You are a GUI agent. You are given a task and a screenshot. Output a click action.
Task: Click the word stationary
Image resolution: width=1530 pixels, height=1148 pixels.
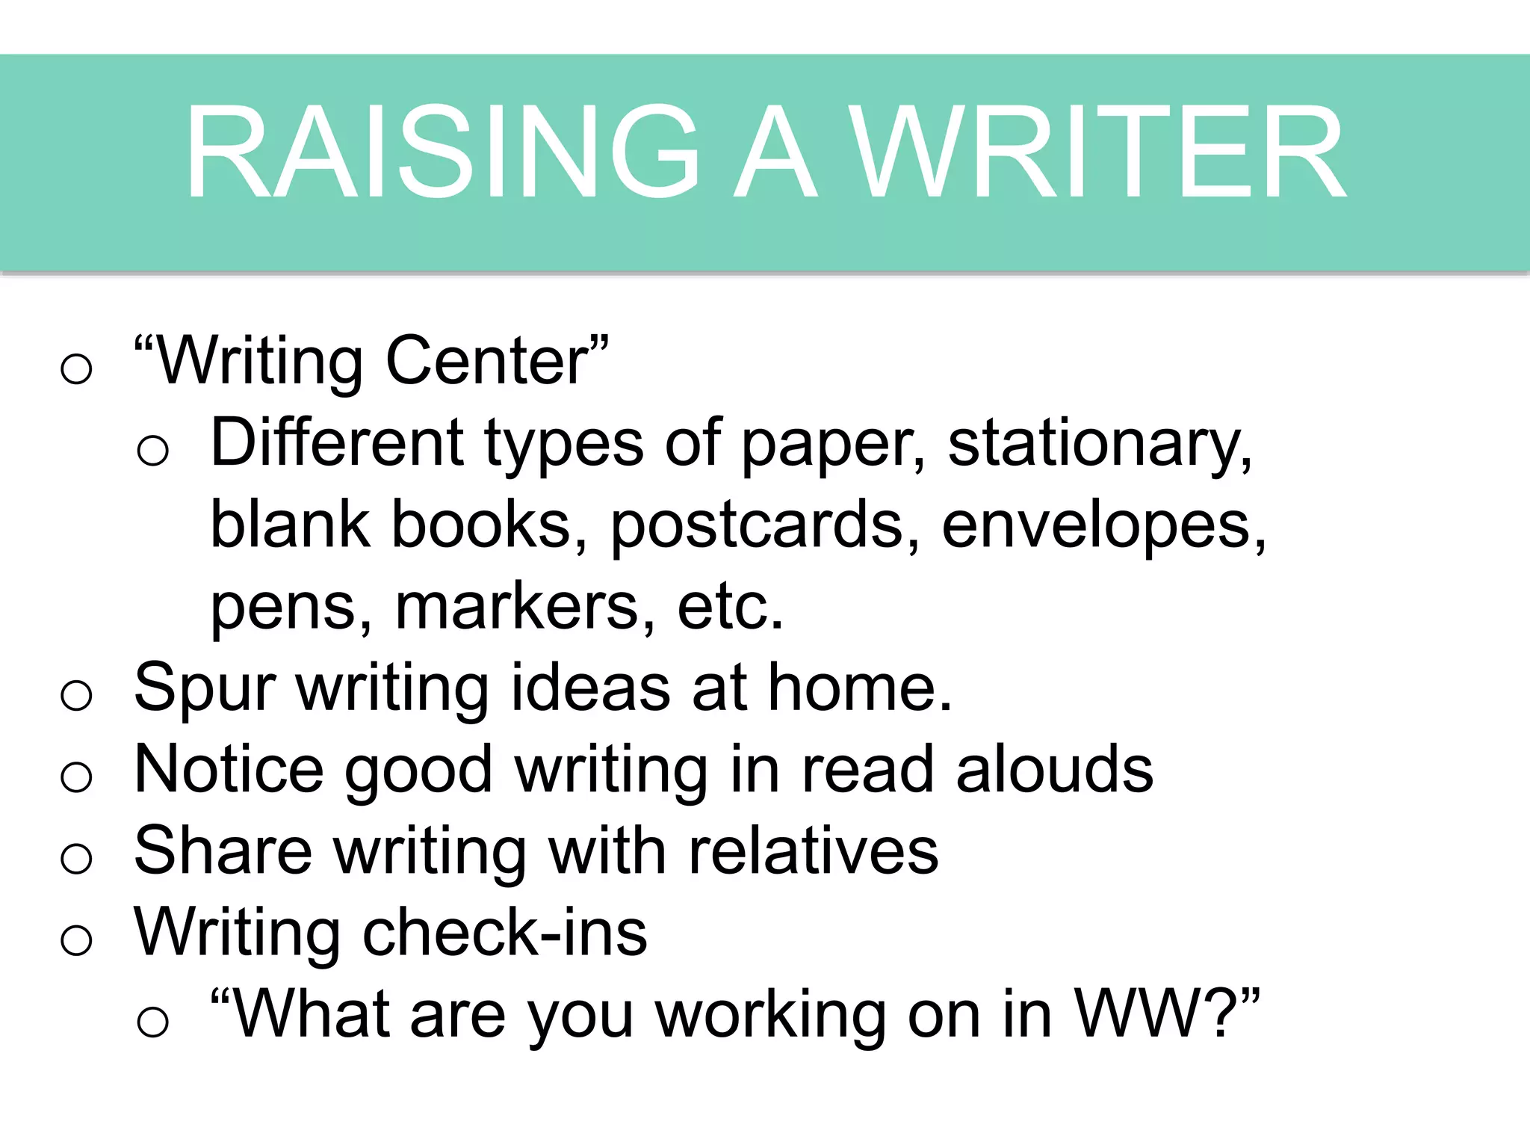coord(1098,444)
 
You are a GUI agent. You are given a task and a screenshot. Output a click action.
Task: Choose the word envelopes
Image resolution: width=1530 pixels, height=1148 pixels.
coord(1103,526)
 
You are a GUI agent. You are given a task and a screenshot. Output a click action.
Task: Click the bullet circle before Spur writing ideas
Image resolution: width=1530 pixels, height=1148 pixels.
coord(76,696)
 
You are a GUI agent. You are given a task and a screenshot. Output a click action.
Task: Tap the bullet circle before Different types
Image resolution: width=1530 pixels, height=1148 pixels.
coord(153,451)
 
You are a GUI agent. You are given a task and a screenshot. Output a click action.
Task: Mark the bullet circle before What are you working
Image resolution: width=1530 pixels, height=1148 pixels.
coord(153,1022)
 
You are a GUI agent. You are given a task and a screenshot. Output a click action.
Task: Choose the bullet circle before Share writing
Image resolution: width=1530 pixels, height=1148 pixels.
coord(76,859)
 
